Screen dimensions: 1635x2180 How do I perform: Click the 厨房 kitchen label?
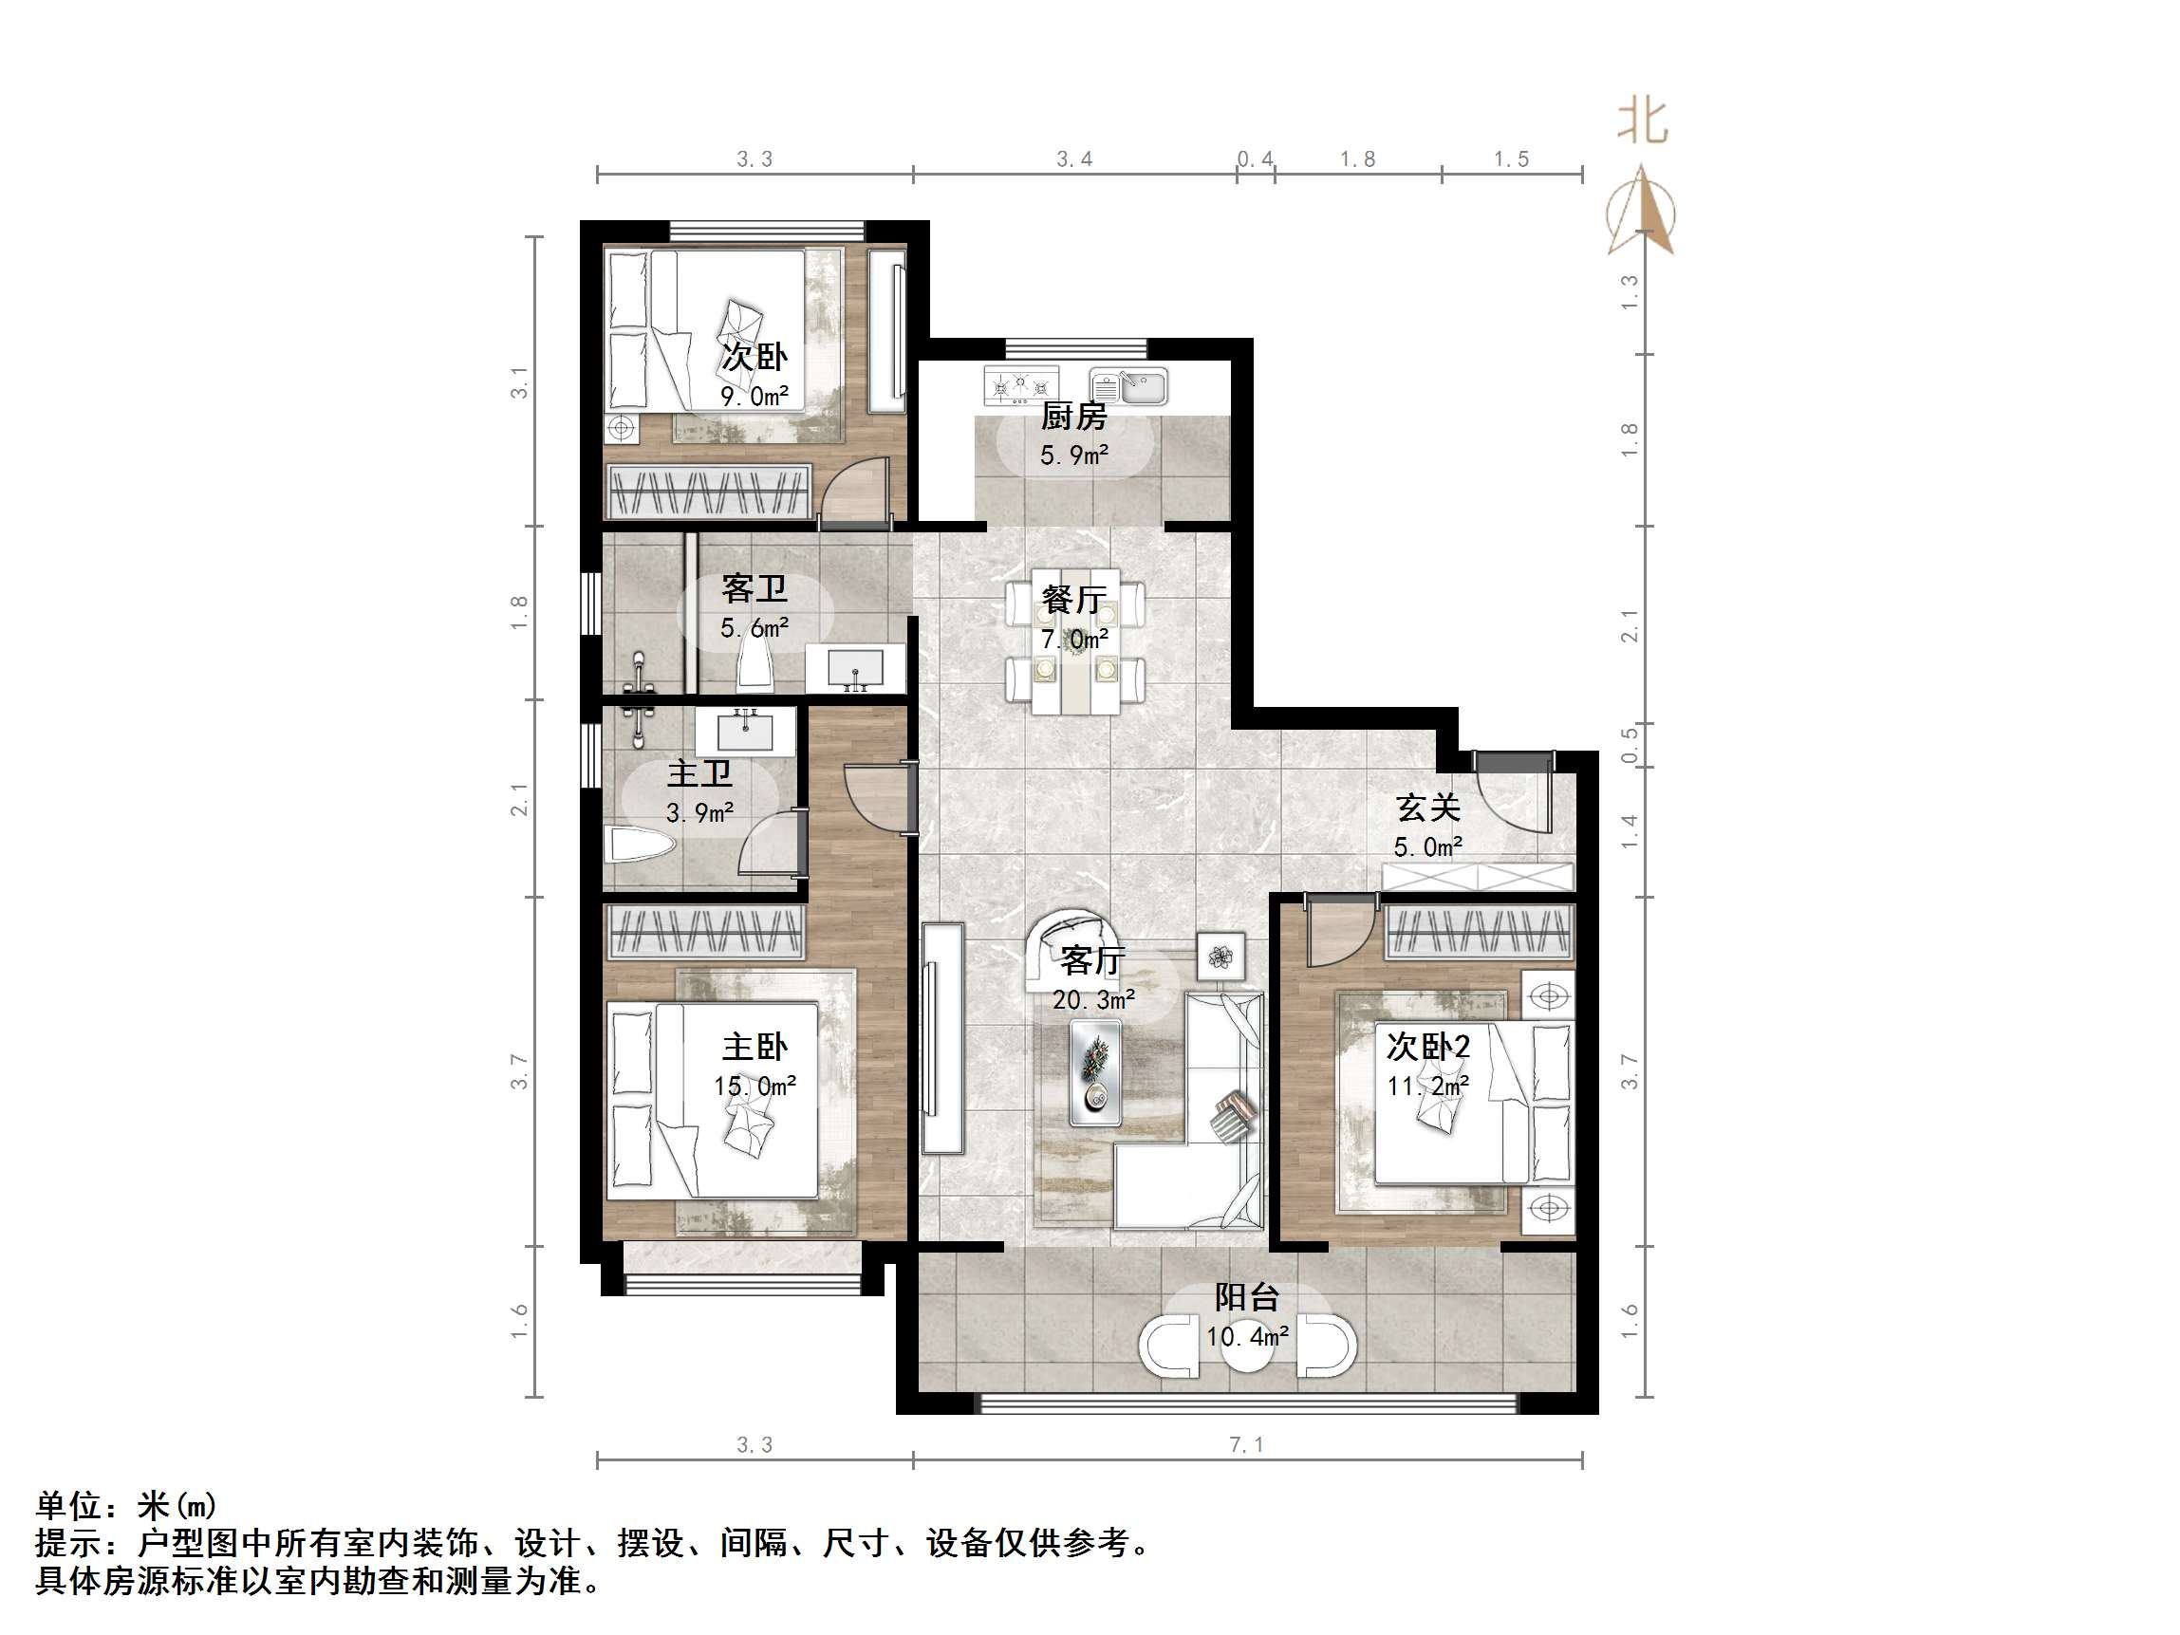(x=1073, y=417)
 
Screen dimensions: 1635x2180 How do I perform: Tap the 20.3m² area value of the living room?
(x=1093, y=999)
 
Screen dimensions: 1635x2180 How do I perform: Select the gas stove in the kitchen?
(x=1020, y=385)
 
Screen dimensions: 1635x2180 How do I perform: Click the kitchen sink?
(x=1129, y=386)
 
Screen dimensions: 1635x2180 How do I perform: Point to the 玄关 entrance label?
(x=1427, y=808)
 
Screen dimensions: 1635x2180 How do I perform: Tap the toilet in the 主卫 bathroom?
(x=639, y=845)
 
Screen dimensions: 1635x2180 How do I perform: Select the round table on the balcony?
(x=1247, y=1347)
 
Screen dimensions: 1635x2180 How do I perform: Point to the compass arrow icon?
(x=1641, y=212)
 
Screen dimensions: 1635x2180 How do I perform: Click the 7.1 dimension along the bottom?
(x=1246, y=1445)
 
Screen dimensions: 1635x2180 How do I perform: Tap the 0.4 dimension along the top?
(x=1255, y=159)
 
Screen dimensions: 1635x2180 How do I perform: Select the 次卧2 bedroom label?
(x=1428, y=1046)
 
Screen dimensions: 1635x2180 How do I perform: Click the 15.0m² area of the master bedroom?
(x=754, y=1087)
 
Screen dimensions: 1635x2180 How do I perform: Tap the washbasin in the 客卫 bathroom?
(x=854, y=669)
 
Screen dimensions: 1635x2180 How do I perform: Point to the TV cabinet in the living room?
(x=942, y=1039)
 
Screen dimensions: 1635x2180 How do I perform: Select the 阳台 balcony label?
(x=1247, y=1297)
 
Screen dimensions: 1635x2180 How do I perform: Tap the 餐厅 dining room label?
(x=1074, y=599)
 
